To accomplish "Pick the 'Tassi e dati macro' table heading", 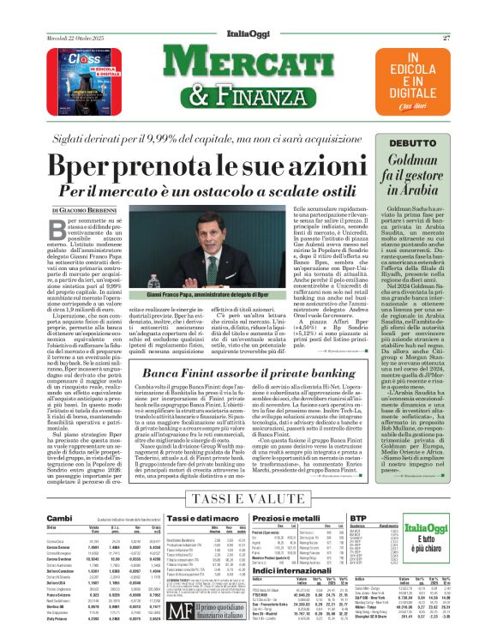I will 194,518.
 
